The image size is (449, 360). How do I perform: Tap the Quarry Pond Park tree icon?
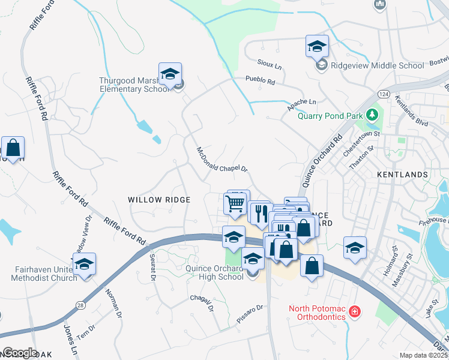(x=373, y=114)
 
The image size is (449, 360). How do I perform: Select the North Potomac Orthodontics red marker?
(x=355, y=312)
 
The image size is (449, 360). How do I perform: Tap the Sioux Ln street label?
(x=270, y=64)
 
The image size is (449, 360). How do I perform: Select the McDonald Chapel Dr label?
(x=222, y=160)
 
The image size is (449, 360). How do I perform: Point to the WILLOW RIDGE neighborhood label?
(x=159, y=200)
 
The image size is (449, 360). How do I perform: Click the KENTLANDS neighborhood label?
(x=402, y=175)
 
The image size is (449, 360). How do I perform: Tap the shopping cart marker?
(x=235, y=203)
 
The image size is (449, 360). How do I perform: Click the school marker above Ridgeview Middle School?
(x=318, y=46)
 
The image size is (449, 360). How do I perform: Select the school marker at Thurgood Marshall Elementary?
(x=170, y=74)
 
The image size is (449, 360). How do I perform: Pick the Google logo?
(x=20, y=352)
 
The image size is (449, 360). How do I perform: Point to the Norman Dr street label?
(x=112, y=300)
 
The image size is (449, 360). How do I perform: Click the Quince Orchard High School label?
(x=214, y=273)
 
